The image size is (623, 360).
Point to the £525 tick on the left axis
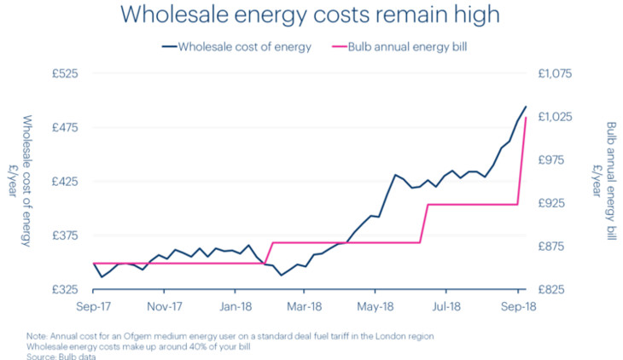click(66, 74)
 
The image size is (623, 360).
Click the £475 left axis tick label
click(66, 128)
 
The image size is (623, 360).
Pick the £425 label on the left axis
click(66, 182)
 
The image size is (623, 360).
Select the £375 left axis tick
click(66, 235)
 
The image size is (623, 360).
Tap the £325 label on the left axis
click(66, 289)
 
